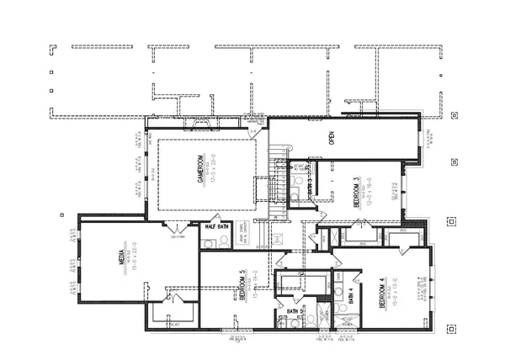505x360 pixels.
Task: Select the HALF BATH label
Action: (217, 226)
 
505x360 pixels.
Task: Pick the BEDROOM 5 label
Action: (243, 285)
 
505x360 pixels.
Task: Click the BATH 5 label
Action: (294, 311)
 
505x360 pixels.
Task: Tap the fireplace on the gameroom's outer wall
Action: (202, 125)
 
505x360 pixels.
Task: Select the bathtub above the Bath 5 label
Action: (294, 282)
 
